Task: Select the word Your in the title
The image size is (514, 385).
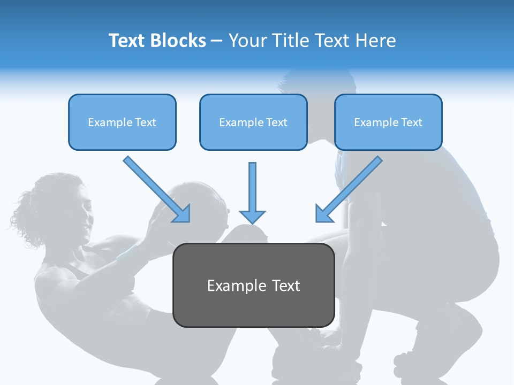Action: (x=246, y=41)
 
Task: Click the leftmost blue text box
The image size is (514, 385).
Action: (x=122, y=122)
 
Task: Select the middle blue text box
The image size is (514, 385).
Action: (x=253, y=122)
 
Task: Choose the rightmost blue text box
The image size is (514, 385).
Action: (x=388, y=122)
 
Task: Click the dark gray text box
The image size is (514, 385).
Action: (x=254, y=286)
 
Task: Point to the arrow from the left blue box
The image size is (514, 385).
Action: (x=157, y=189)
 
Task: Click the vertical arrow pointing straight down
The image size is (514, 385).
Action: (x=252, y=192)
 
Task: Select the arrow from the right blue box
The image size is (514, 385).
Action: (x=349, y=189)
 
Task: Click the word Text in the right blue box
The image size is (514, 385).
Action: (x=411, y=122)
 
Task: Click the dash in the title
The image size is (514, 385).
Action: (x=217, y=41)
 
